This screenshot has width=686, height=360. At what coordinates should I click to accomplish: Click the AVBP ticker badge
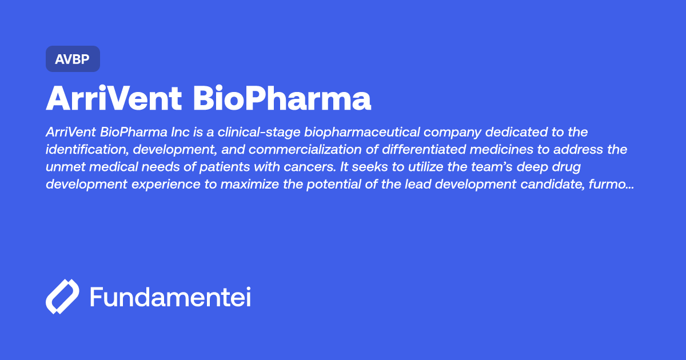73,59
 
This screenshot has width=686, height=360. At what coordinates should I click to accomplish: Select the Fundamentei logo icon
62,297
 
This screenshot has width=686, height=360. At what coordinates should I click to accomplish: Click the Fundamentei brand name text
170,297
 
